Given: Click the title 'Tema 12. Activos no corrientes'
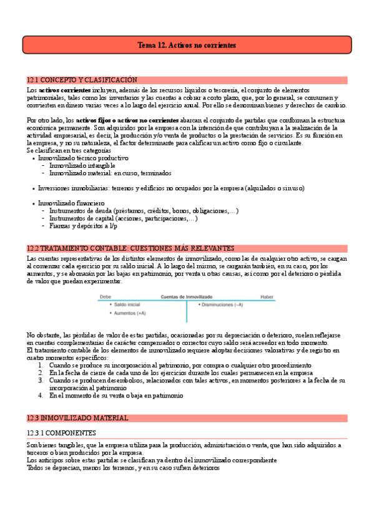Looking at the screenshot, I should [x=187, y=46].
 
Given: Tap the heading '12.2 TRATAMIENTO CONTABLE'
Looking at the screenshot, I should [x=130, y=248].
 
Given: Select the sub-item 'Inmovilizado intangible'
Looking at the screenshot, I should [x=82, y=166].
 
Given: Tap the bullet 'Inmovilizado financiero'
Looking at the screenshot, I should [x=71, y=203].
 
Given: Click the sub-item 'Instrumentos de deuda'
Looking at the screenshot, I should [x=144, y=211].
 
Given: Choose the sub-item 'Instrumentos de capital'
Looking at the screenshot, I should [x=124, y=218].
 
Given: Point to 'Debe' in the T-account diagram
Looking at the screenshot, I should [x=106, y=296].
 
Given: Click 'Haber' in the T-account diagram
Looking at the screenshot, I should [x=267, y=296].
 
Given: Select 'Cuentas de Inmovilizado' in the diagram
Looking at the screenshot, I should [x=187, y=296].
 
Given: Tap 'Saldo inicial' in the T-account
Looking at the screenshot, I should [x=128, y=304].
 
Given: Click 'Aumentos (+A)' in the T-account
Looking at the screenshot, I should [x=130, y=313].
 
